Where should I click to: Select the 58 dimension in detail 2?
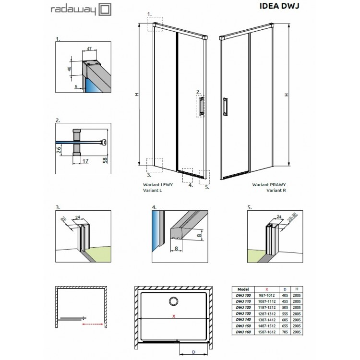coord(105,158)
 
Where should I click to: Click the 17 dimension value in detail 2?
coord(84,161)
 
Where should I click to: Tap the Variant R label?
coord(276,190)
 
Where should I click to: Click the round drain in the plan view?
coord(172,301)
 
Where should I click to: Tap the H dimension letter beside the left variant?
coord(137,95)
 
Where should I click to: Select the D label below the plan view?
coord(192,352)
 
